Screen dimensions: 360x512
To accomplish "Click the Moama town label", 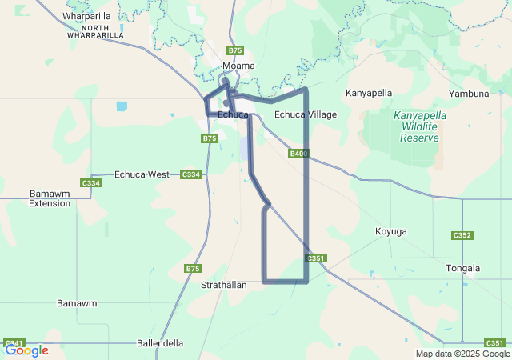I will (238, 66).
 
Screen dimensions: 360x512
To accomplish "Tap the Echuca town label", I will (232, 114).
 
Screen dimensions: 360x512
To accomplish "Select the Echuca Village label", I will (306, 114).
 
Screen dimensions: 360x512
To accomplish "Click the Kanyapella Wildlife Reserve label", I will (420, 126).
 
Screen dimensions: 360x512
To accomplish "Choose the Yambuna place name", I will (470, 94).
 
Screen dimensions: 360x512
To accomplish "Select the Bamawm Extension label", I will (50, 198).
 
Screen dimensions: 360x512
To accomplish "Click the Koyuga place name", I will (391, 231).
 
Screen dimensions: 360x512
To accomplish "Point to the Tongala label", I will (463, 268).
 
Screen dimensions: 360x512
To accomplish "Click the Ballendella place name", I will (160, 343).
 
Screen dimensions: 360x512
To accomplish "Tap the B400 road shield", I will (298, 153).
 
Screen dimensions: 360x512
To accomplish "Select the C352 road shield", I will (462, 235).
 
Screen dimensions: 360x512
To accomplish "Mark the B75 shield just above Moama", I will (234, 50).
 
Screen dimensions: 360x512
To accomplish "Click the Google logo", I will (26, 350).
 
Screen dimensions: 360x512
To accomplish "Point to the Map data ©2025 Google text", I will (462, 354).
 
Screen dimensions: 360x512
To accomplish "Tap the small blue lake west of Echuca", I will (121, 106).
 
